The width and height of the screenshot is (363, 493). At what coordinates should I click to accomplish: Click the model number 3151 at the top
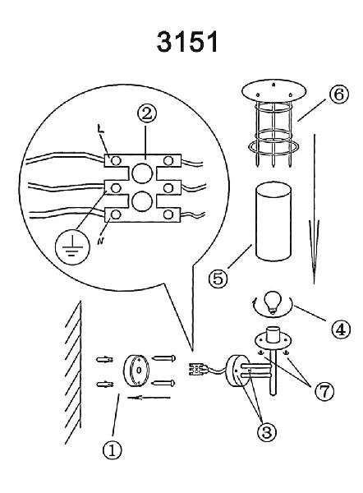pos(187,42)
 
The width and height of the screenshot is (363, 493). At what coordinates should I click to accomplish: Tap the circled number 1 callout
pos(113,450)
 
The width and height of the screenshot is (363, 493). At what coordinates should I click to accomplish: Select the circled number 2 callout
pos(146,114)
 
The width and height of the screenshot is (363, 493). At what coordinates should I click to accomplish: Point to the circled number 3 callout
pos(267,432)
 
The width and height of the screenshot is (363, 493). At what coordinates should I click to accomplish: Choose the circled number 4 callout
pos(341,329)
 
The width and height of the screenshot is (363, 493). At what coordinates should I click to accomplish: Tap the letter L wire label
pos(100,130)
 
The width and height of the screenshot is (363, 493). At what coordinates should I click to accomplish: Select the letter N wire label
pos(100,241)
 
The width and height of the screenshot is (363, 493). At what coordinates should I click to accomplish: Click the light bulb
pos(271,302)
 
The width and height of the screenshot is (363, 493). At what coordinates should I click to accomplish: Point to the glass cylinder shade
pos(273,221)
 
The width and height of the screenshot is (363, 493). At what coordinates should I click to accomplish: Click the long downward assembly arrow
pos(314,209)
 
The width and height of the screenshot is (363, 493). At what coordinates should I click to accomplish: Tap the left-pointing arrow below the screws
pos(149,398)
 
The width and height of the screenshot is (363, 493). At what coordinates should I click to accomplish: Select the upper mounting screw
pos(163,358)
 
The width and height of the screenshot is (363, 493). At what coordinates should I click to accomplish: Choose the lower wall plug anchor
pos(105,385)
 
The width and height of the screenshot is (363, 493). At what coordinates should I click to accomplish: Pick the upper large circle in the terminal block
pos(142,173)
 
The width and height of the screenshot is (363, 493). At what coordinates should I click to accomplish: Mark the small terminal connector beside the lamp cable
pos(196,369)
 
